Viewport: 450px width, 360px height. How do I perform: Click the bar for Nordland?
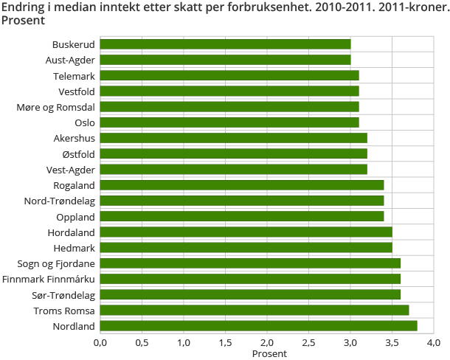click(x=258, y=325)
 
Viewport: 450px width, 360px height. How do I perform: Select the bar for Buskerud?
click(x=225, y=44)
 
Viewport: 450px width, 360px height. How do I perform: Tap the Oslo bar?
click(x=229, y=122)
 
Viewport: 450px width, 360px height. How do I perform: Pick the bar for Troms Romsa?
click(x=255, y=310)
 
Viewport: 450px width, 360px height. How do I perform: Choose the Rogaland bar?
click(x=242, y=184)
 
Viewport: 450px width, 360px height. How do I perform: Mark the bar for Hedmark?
click(x=246, y=247)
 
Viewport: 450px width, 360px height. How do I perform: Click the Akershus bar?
click(x=233, y=138)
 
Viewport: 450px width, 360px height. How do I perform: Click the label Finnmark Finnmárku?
click(x=49, y=279)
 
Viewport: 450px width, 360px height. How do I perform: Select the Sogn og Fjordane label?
click(x=56, y=263)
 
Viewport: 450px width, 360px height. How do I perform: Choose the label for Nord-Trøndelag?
click(x=60, y=201)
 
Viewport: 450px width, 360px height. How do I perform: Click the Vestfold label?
click(x=77, y=91)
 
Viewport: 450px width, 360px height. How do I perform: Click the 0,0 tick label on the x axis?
click(x=100, y=342)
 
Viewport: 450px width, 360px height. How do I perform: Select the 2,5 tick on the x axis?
click(x=308, y=342)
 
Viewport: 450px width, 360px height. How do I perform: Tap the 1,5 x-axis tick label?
click(x=225, y=342)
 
